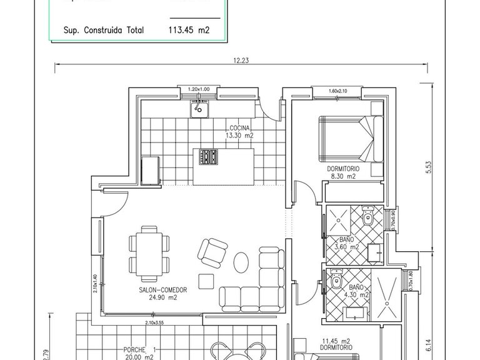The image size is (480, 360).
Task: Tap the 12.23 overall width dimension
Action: pyautogui.click(x=241, y=60)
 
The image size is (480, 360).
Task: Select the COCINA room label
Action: pyautogui.click(x=239, y=127)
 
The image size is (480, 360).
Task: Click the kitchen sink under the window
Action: pyautogui.click(x=199, y=111)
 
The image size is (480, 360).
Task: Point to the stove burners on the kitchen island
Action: pyautogui.click(x=208, y=157)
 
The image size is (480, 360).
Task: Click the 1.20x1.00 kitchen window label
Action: pyautogui.click(x=199, y=90)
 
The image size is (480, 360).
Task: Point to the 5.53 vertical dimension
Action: pyautogui.click(x=429, y=169)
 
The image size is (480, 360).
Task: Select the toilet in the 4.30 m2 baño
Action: pyautogui.click(x=336, y=281)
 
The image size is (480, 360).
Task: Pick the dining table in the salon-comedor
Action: pyautogui.click(x=149, y=254)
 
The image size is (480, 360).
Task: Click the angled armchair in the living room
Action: pyautogui.click(x=211, y=251)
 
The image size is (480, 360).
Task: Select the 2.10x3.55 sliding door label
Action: pyautogui.click(x=154, y=322)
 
